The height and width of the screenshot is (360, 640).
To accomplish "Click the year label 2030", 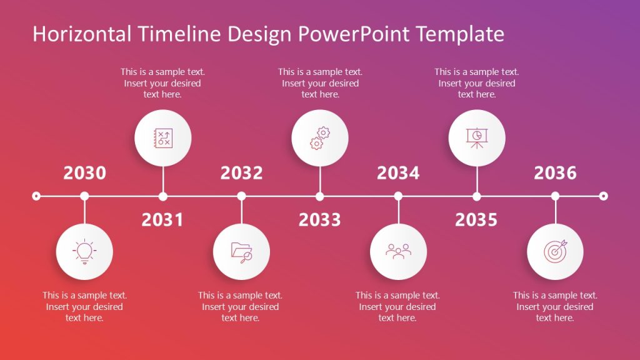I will pos(84,173).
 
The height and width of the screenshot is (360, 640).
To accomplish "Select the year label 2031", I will pos(162,220).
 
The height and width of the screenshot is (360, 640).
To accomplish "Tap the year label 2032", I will pos(241,173).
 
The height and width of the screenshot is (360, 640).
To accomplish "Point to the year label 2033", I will pos(319,220).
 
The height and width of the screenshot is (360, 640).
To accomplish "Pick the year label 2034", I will pos(398,173).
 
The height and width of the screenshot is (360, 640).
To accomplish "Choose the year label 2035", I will pos(476,220).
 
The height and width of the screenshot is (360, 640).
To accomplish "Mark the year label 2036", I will pos(555,173).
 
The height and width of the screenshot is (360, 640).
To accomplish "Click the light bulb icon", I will pos(84,251).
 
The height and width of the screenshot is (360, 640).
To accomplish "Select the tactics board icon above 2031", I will pos(162,138).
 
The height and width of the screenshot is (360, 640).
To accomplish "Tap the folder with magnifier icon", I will pos(241,251).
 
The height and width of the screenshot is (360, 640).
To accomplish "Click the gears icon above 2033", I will pos(319,138).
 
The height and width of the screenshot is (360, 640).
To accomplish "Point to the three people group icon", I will pos(398,251).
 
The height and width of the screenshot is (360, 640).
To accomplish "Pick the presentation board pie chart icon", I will pos(476,138).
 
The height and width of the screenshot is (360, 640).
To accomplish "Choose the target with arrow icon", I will pos(555,251).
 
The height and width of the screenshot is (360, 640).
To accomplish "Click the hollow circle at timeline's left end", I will pos(36,196).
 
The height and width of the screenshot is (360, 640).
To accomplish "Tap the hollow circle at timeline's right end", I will pos(603,196).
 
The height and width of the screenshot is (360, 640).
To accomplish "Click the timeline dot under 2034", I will pos(398,196).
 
